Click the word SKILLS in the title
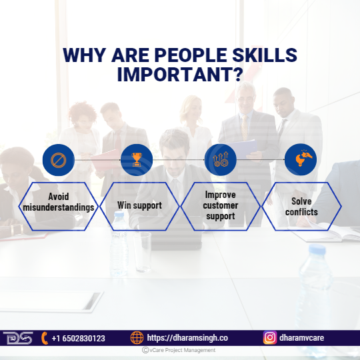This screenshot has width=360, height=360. (265, 55)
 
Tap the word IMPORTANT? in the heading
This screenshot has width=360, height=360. (180, 74)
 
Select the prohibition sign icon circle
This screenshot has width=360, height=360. (59, 160)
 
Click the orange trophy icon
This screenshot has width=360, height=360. (137, 159)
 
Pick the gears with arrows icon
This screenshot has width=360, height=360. (221, 159)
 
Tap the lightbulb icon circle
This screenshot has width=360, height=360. (301, 159)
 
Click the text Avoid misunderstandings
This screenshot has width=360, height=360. (59, 202)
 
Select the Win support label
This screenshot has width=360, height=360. (139, 205)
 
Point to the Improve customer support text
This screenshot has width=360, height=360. (221, 205)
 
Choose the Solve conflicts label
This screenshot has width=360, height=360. (301, 207)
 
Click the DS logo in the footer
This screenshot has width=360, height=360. (18, 338)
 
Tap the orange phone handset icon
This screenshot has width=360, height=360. (45, 338)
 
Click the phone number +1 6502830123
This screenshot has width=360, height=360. (78, 339)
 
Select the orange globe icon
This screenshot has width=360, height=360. (137, 338)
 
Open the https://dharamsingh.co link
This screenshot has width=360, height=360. (187, 338)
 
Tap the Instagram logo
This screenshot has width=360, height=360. (270, 337)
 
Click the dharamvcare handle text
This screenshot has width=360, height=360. (302, 337)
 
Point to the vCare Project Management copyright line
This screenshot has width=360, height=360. (179, 350)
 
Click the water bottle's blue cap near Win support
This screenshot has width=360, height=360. (119, 215)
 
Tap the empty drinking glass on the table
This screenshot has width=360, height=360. (143, 252)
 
